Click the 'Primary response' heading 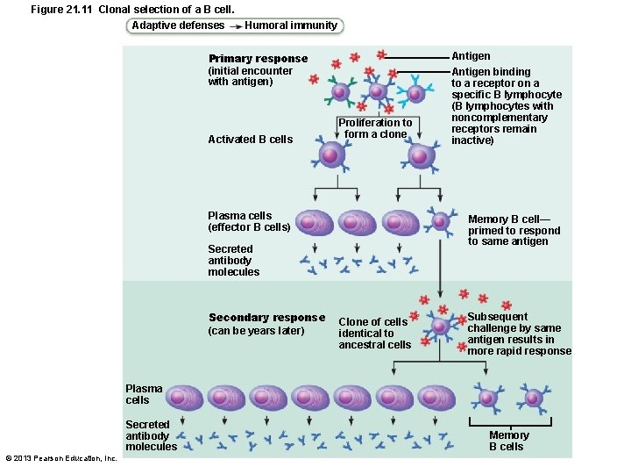pyautogui.click(x=258, y=59)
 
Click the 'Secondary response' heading pyautogui.click(x=266, y=318)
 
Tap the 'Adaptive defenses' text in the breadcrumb pyautogui.click(x=178, y=25)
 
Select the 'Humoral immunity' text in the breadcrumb pyautogui.click(x=291, y=25)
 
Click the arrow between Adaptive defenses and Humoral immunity pyautogui.click(x=235, y=26)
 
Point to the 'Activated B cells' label pyautogui.click(x=250, y=140)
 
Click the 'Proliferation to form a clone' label pyautogui.click(x=375, y=128)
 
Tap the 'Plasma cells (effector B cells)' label pyautogui.click(x=248, y=221)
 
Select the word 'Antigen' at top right pyautogui.click(x=471, y=55)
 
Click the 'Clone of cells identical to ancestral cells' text pyautogui.click(x=374, y=334)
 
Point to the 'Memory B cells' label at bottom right pyautogui.click(x=508, y=441)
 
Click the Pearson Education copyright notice pyautogui.click(x=61, y=458)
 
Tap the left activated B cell pyautogui.click(x=330, y=154)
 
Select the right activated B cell pyautogui.click(x=420, y=156)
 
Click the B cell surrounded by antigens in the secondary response pyautogui.click(x=441, y=327)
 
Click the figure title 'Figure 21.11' pyautogui.click(x=62, y=9)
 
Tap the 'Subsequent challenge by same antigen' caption pyautogui.click(x=518, y=334)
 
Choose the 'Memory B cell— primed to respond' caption pyautogui.click(x=514, y=230)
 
